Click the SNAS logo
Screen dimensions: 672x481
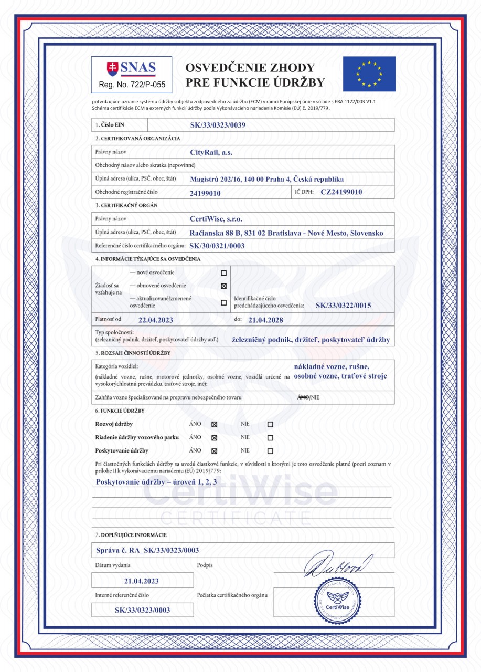tap(131, 68)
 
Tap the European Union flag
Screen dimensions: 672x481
tap(369, 74)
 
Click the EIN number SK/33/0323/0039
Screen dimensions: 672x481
tap(218, 125)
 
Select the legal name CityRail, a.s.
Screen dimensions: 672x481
tap(211, 152)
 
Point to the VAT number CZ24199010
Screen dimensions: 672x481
tap(341, 192)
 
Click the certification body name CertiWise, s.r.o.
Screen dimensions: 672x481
tap(216, 219)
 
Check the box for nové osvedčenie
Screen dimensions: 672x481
tap(224, 273)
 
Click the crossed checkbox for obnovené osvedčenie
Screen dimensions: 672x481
tap(224, 286)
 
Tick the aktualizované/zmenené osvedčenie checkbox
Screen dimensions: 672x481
tap(224, 302)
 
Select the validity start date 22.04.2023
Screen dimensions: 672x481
tap(156, 319)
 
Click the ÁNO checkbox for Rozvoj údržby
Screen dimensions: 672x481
tap(214, 424)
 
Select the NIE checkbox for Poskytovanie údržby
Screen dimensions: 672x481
tap(270, 450)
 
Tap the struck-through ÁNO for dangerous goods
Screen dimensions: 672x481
tap(302, 397)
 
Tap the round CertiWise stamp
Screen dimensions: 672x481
tap(338, 602)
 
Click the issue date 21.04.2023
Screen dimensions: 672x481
tap(142, 581)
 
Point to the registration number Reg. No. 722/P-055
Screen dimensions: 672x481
tap(132, 84)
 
